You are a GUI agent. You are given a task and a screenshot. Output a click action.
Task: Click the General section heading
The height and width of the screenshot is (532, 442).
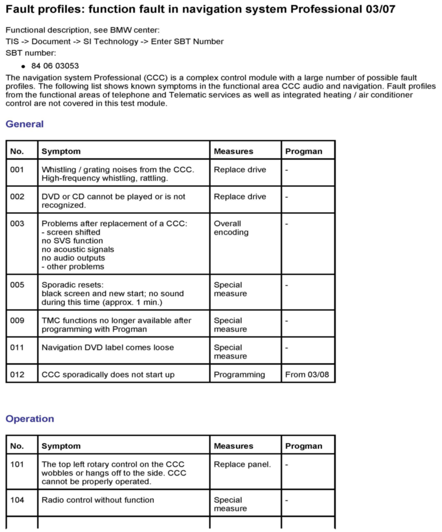click(x=25, y=124)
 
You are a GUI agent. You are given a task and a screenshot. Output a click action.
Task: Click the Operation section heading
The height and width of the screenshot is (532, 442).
click(x=30, y=419)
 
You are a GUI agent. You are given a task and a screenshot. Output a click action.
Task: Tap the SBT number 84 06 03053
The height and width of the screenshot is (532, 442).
click(x=55, y=66)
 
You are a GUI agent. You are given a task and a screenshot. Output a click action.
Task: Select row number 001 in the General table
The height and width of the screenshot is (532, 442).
click(x=17, y=169)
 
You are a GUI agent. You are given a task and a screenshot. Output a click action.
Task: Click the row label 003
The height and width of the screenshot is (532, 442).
click(x=17, y=223)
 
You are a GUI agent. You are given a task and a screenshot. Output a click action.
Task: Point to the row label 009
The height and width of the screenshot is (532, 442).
click(x=17, y=320)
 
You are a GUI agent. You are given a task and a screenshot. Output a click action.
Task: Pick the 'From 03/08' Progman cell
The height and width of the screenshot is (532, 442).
click(x=307, y=375)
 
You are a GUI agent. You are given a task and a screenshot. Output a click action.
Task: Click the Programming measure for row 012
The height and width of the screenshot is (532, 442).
click(x=239, y=375)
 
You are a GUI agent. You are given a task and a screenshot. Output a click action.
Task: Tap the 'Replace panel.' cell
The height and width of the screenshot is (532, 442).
click(x=242, y=464)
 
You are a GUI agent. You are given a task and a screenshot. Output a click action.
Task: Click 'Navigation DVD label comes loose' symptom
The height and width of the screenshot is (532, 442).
click(x=108, y=347)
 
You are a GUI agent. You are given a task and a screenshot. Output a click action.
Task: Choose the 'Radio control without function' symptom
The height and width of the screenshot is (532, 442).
click(x=98, y=500)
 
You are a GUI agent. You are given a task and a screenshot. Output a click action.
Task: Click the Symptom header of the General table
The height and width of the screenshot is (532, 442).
click(x=61, y=151)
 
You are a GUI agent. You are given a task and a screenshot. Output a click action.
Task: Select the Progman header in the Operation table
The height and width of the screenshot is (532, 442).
click(x=304, y=446)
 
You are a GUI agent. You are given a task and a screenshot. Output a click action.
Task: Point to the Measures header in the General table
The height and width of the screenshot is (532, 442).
click(x=233, y=151)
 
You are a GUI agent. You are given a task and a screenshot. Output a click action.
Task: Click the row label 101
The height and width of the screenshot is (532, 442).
click(x=17, y=464)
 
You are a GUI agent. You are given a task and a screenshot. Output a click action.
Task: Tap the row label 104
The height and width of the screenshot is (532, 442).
click(x=17, y=500)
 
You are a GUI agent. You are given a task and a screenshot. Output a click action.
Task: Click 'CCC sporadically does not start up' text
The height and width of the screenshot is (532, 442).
click(x=108, y=375)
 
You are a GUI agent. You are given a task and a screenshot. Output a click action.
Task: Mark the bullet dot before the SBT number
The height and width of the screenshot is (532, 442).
click(x=23, y=67)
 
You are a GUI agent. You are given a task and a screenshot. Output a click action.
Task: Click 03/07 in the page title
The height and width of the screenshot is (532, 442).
click(x=380, y=9)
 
